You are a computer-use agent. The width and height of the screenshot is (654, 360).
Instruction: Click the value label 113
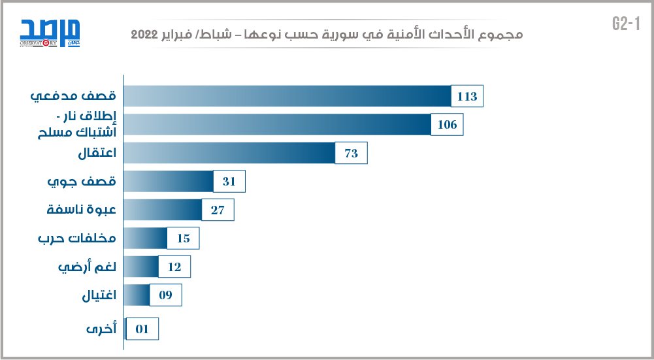[468, 97]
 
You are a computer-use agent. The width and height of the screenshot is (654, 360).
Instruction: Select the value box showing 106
[448, 125]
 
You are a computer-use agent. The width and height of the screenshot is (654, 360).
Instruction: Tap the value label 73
[352, 154]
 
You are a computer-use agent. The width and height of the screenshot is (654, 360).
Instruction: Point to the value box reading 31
[229, 182]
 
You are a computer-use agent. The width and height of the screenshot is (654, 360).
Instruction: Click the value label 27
[218, 210]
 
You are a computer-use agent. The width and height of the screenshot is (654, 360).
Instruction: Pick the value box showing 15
[183, 238]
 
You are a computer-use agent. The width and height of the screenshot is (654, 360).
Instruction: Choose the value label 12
[174, 267]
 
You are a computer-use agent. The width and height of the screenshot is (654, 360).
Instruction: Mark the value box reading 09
[165, 295]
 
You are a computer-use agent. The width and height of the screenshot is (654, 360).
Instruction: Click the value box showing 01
[142, 329]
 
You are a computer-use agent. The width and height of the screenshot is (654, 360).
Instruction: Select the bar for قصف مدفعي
[287, 97]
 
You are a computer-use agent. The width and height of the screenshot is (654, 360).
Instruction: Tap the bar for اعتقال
[229, 154]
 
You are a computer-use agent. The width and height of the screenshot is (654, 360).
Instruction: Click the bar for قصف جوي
[169, 182]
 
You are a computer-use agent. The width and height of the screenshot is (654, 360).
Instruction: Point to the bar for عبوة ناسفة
[162, 210]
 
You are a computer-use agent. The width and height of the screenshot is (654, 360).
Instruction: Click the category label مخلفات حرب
[77, 238]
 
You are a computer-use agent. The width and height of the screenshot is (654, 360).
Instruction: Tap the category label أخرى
[102, 329]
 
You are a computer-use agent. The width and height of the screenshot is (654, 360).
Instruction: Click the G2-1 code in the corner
[624, 24]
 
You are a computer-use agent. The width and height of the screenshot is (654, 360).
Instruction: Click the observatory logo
[49, 33]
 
